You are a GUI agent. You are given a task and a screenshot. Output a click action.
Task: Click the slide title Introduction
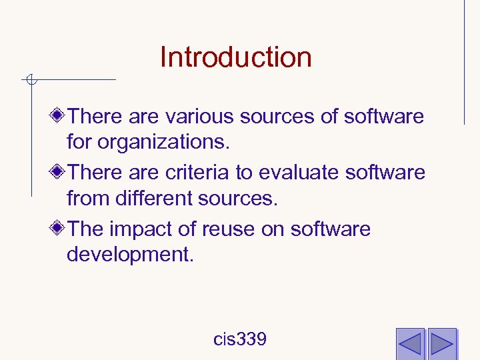click(x=235, y=57)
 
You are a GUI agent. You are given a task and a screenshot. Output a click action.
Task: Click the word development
click(x=130, y=255)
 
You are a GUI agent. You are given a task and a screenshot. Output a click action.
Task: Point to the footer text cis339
click(x=240, y=339)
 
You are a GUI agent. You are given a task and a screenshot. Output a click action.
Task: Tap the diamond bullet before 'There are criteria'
click(x=58, y=173)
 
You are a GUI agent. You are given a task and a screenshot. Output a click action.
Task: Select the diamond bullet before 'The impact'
click(x=58, y=229)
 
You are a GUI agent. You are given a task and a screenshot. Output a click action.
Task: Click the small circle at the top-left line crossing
click(x=31, y=81)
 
